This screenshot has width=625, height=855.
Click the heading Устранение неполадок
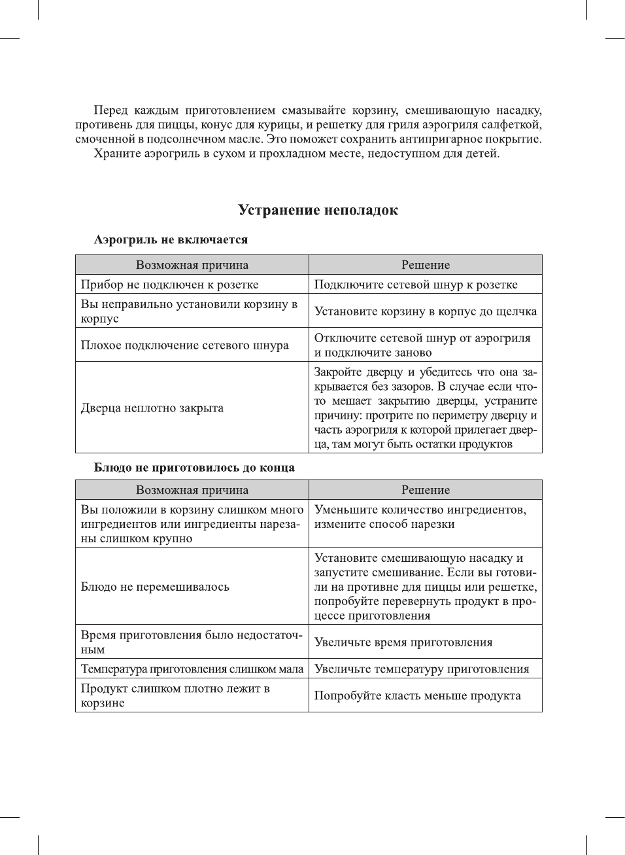tap(318, 211)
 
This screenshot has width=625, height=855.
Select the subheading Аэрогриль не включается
tap(171, 240)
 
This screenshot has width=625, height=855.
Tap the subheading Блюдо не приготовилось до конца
tap(194, 468)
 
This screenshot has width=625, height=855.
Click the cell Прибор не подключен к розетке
tap(169, 285)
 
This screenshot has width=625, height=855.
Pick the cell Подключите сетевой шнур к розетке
tap(416, 285)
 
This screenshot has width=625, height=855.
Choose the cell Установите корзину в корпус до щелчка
tap(425, 311)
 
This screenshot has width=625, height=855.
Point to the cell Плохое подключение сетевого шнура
tap(184, 345)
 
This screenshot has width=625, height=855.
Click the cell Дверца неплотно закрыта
tap(152, 408)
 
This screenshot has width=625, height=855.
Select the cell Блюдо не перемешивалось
tap(155, 587)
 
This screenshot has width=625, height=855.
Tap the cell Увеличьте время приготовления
tap(403, 642)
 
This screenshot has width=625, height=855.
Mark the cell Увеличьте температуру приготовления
tap(422, 669)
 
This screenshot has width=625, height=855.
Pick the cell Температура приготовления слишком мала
tap(192, 669)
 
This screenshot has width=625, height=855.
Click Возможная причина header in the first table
tap(192, 265)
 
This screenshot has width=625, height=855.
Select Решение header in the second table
tap(425, 490)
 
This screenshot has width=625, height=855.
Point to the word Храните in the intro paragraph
tap(115, 154)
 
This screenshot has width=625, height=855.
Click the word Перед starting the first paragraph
tap(110, 111)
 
